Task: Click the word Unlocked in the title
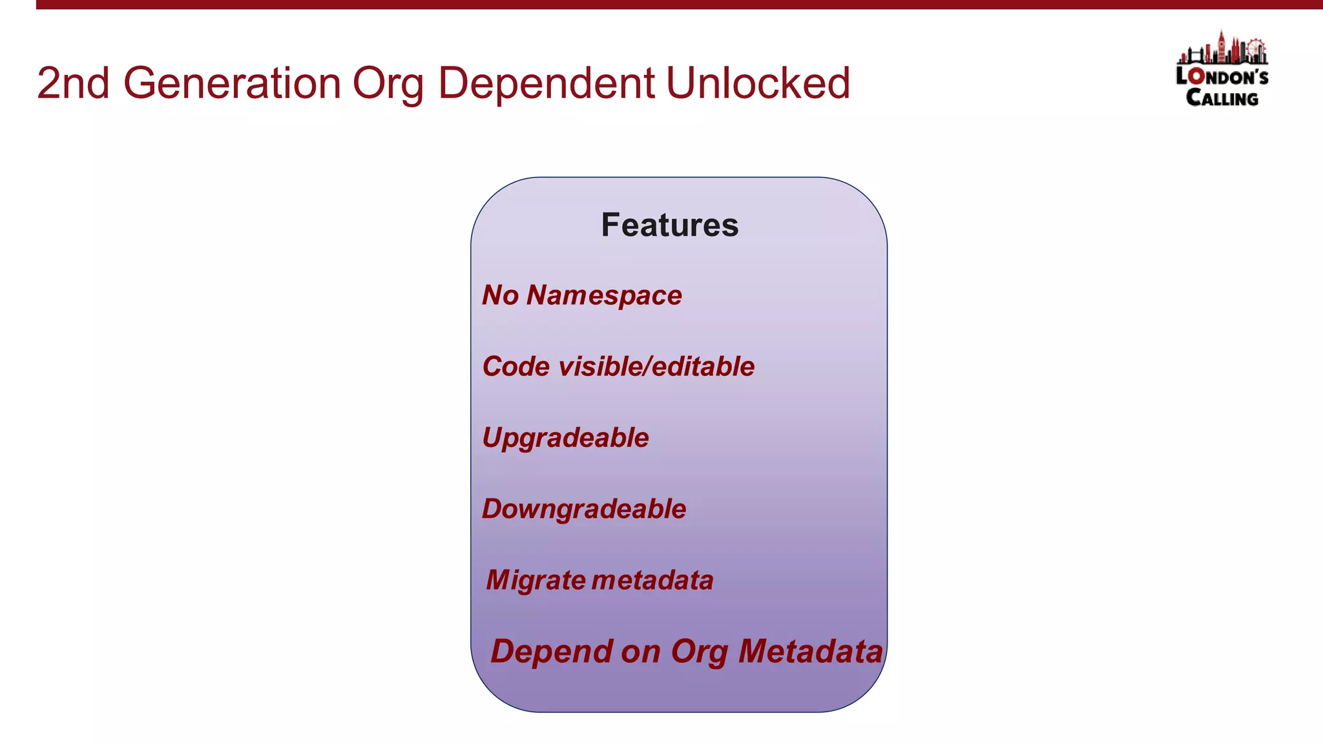pos(758,83)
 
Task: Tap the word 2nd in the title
pos(73,83)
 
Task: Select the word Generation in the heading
pos(232,83)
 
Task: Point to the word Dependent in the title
pos(547,83)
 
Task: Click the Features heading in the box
pos(669,225)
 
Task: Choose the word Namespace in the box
pos(604,295)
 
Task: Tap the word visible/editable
pos(656,367)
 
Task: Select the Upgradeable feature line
pos(565,438)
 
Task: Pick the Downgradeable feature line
pos(584,509)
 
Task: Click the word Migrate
pos(536,580)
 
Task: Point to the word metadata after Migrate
pos(652,580)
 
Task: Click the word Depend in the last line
pos(551,651)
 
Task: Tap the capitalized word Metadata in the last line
pos(810,651)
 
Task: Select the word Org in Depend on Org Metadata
pos(700,651)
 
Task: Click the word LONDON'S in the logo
pos(1222,77)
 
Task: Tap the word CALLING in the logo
pos(1222,98)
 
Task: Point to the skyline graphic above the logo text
pos(1222,49)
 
